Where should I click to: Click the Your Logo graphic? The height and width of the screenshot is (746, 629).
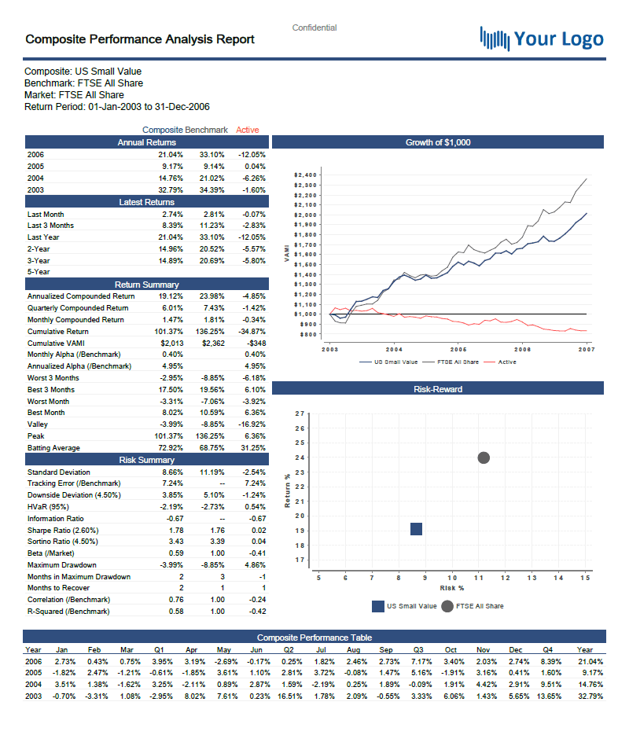[542, 39]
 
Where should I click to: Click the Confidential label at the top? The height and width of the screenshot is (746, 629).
[314, 28]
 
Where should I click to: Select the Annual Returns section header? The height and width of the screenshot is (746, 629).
[146, 142]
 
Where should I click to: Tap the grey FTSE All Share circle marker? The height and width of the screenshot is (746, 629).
[484, 458]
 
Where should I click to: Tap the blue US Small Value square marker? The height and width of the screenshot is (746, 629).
[417, 529]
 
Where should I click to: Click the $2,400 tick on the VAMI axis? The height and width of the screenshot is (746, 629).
[304, 175]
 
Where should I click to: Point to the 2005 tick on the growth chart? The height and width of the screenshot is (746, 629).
[458, 348]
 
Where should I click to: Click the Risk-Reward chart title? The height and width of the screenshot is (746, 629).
[438, 389]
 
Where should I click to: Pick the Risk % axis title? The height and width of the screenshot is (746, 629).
[452, 587]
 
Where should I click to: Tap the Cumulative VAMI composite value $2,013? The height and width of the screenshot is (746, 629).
[171, 343]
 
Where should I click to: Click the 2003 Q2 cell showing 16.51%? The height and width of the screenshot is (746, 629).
[290, 696]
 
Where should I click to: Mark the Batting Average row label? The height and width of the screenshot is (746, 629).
[53, 448]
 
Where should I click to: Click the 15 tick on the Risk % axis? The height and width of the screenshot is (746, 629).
[585, 579]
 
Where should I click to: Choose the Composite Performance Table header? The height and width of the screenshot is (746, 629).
[314, 638]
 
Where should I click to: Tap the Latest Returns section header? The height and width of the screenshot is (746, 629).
[146, 202]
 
